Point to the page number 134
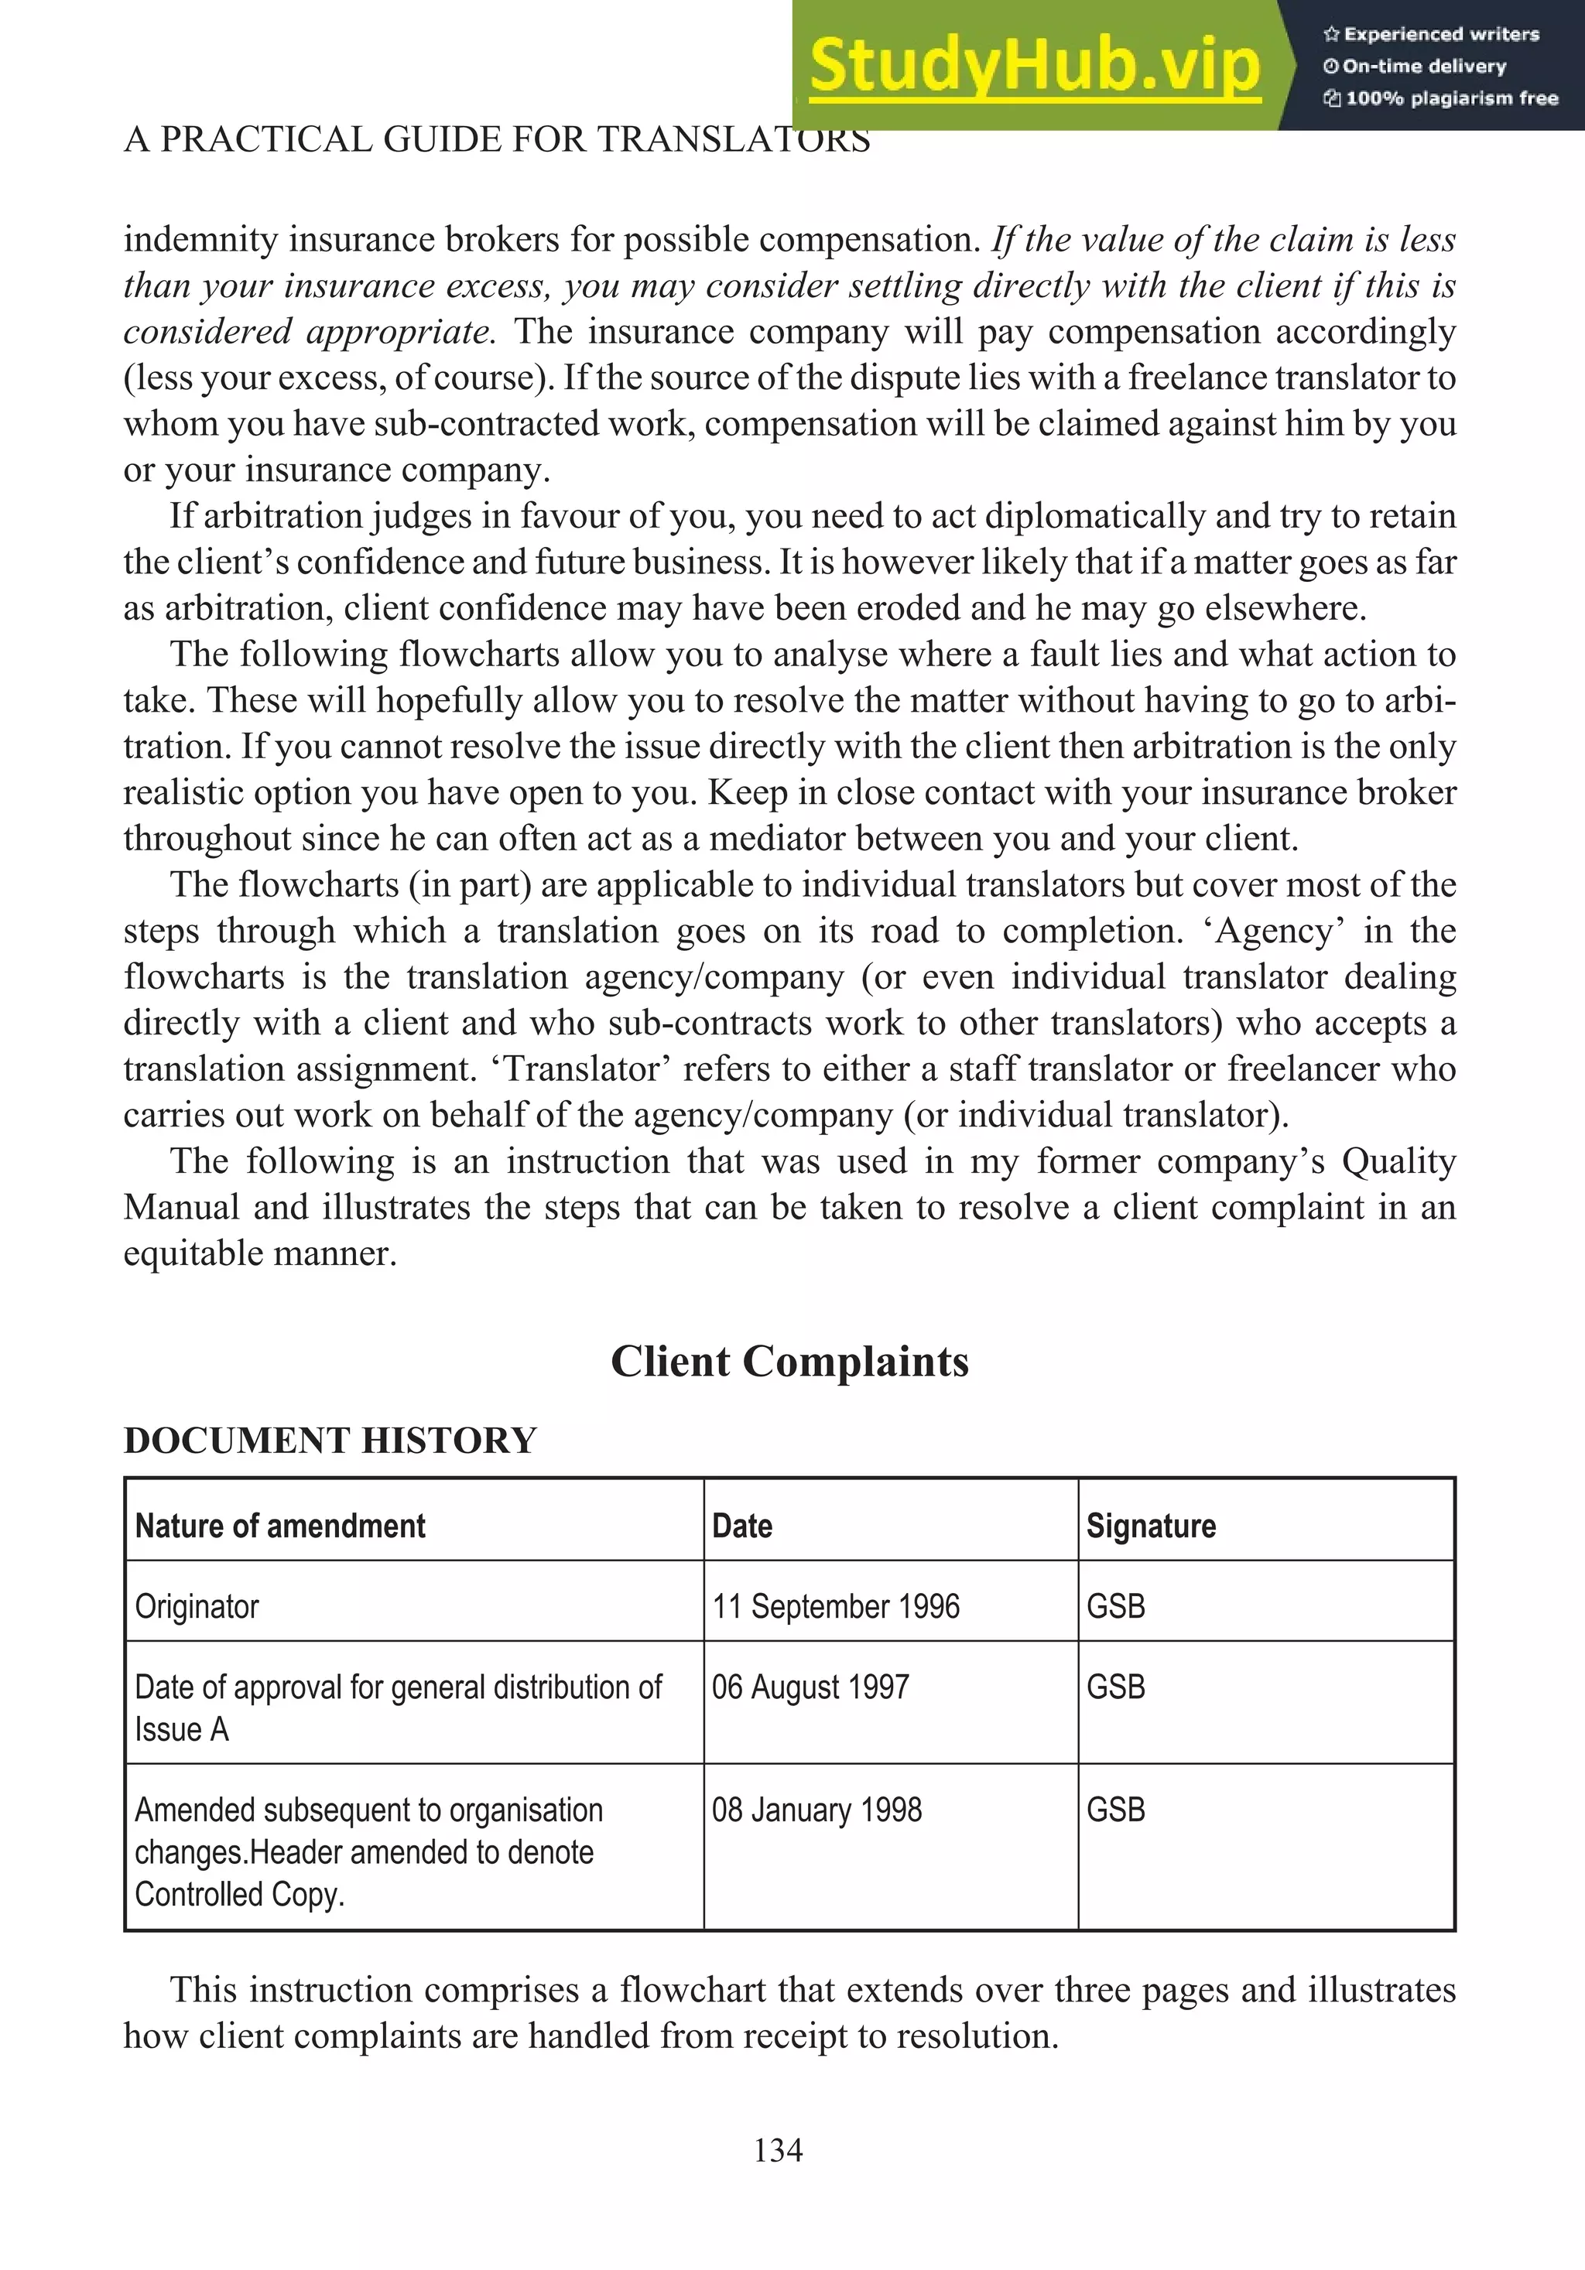click(778, 2149)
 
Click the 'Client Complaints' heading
click(789, 1362)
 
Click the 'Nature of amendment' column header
click(280, 1526)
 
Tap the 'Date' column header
click(741, 1526)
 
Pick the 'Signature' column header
click(1151, 1526)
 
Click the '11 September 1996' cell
click(836, 1607)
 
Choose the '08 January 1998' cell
click(816, 1810)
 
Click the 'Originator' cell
click(197, 1607)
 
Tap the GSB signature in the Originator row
click(1115, 1607)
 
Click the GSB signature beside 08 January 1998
click(1115, 1810)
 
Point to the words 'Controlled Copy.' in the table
click(239, 1893)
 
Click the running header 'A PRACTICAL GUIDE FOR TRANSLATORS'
click(496, 139)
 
